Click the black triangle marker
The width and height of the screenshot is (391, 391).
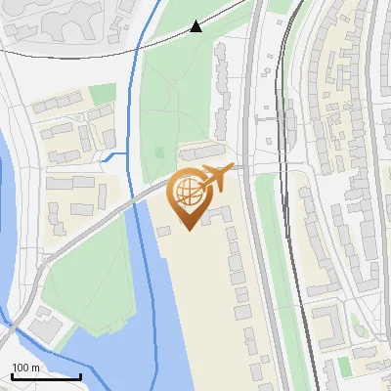coord(196,26)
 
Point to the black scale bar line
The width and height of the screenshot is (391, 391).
coord(46,376)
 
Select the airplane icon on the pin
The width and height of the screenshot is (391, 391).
coord(215,178)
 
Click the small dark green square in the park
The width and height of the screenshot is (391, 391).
coord(159,153)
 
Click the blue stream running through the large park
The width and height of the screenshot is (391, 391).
coord(135,88)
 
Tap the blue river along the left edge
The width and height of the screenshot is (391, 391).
coord(10,225)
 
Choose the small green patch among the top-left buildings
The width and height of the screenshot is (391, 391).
coord(103,94)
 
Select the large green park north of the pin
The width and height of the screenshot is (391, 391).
coord(176,98)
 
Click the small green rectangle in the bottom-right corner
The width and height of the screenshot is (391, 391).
coord(344,367)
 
